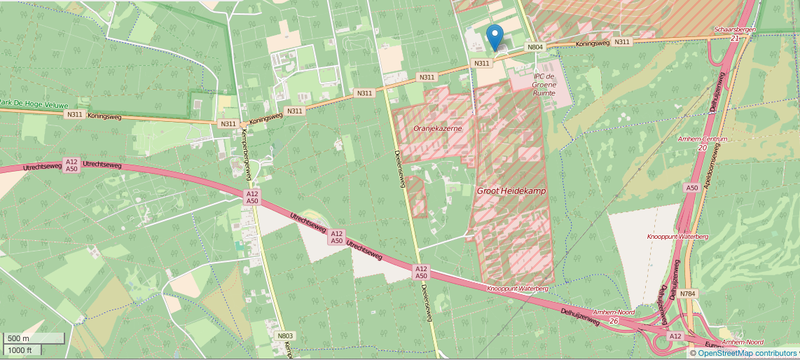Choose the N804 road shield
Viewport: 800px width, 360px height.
tap(535, 46)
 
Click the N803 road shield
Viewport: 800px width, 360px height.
tap(286, 336)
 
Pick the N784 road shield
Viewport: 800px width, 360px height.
tap(687, 294)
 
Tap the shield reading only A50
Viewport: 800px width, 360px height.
tap(691, 187)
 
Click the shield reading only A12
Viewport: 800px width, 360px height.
tap(676, 336)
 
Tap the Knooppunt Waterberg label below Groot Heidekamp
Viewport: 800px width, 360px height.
tap(518, 288)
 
